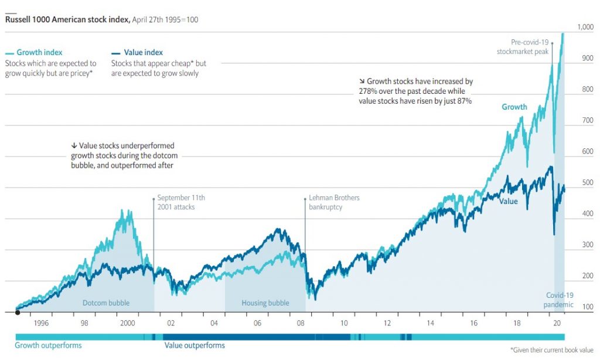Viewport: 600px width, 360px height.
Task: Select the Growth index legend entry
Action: (39, 52)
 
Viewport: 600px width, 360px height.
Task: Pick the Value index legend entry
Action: (143, 52)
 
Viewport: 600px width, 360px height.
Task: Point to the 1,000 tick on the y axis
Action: (585, 27)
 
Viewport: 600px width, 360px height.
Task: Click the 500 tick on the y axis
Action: (588, 183)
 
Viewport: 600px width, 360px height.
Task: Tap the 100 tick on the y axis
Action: (588, 307)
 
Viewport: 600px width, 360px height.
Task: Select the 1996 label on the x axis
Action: (41, 323)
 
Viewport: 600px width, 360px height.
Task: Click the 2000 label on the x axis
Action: (127, 323)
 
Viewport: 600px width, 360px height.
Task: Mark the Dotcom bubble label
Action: (105, 303)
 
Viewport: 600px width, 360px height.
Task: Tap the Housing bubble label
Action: (265, 303)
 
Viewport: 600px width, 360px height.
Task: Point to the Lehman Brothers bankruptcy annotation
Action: (333, 202)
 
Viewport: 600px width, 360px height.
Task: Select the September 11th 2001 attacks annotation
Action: (181, 202)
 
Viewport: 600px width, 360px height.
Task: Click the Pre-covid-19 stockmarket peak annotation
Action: (521, 46)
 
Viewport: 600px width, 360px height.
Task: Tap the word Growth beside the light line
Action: (514, 107)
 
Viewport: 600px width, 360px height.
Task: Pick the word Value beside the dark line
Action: (509, 201)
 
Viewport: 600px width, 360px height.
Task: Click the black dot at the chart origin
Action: (18, 313)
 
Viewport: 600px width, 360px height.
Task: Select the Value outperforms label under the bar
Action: (194, 345)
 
